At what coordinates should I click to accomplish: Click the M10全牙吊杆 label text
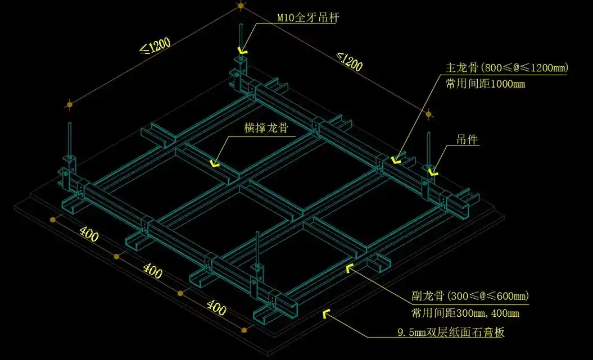[x=308, y=17]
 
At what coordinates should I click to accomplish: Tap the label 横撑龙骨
[x=266, y=129]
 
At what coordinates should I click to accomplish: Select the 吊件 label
[x=467, y=140]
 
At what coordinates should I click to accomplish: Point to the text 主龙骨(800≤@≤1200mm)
[x=506, y=69]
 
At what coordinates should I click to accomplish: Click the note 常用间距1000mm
[x=485, y=84]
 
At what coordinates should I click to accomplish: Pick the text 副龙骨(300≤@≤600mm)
[x=470, y=296]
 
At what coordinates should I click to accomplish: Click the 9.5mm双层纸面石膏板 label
[x=450, y=332]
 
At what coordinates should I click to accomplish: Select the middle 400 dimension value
[x=152, y=271]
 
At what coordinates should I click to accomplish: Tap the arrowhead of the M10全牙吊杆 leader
[x=242, y=49]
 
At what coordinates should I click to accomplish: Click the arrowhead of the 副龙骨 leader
[x=350, y=267]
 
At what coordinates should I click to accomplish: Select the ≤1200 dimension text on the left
[x=155, y=47]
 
